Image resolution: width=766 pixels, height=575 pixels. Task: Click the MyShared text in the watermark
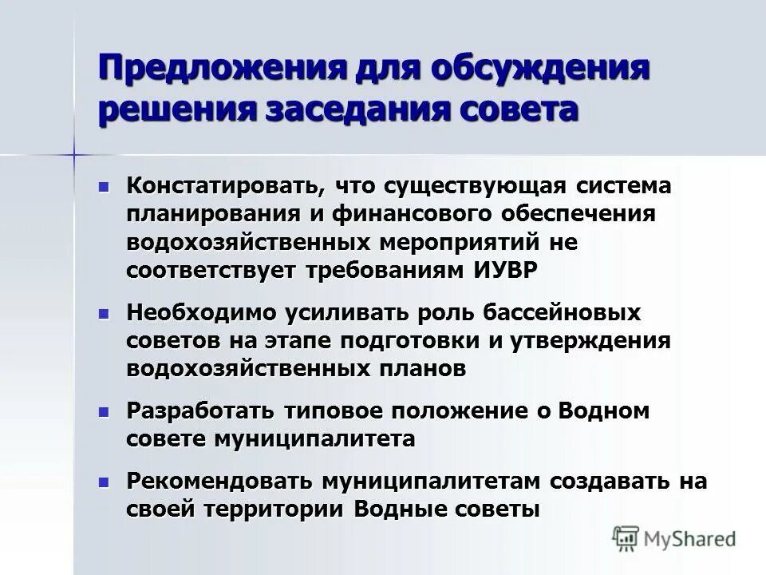coord(691,538)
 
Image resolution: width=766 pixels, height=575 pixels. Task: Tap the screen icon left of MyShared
coord(626,537)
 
